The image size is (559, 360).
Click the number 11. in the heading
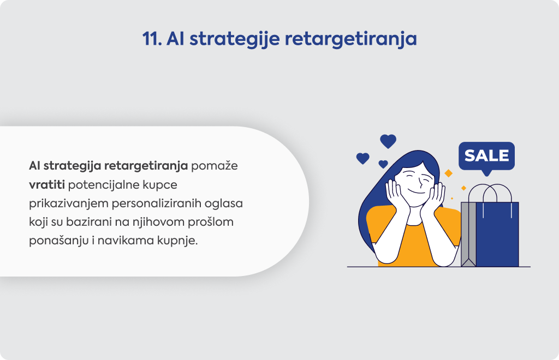(x=152, y=39)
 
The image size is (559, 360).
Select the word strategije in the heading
(x=235, y=39)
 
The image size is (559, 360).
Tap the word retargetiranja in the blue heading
(x=351, y=39)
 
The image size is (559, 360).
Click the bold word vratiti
(x=47, y=185)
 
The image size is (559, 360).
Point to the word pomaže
(x=214, y=166)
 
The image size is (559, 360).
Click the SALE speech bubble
(x=486, y=157)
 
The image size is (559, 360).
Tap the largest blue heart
(x=388, y=141)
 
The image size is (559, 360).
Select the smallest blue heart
(x=383, y=164)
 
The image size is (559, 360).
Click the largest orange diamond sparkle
(x=449, y=173)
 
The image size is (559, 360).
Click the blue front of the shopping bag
(x=497, y=235)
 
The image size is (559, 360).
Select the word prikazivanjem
(x=69, y=203)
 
